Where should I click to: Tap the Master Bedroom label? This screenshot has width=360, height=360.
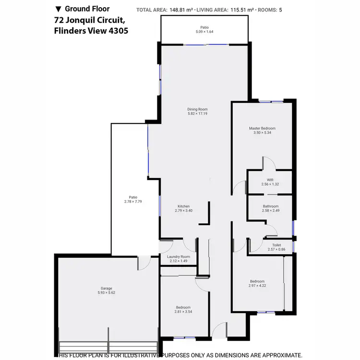(x=262, y=128)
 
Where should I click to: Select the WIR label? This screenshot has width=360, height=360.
(x=270, y=180)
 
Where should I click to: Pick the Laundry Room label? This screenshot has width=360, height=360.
(x=179, y=257)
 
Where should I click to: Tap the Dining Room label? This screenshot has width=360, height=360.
(x=197, y=109)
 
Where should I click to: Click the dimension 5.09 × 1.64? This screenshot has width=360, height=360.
(x=204, y=32)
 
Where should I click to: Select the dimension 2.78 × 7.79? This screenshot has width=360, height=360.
(x=133, y=201)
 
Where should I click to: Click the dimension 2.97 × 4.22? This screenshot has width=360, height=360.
(x=257, y=286)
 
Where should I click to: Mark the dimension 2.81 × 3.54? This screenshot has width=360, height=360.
(x=183, y=312)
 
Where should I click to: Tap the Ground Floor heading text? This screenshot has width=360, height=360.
(x=87, y=9)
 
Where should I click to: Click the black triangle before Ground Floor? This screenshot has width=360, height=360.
(x=59, y=9)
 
